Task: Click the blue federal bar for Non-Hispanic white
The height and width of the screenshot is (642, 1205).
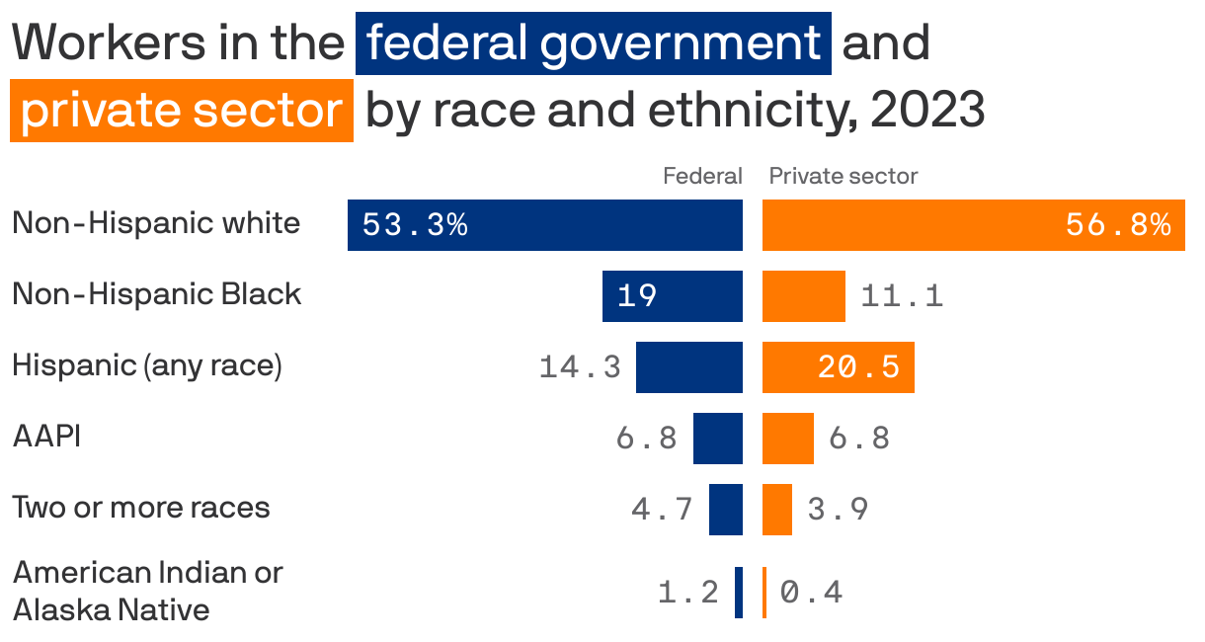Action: (544, 225)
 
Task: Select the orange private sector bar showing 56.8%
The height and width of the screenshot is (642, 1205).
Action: (973, 225)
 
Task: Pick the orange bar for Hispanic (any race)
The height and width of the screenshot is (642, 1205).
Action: (838, 367)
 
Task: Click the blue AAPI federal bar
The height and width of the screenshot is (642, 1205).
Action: (717, 439)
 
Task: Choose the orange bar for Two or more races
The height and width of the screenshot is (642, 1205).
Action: (776, 510)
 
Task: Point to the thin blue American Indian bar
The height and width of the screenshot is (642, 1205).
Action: (738, 593)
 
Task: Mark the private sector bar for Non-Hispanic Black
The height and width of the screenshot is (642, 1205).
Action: (803, 296)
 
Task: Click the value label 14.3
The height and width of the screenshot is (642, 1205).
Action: (580, 367)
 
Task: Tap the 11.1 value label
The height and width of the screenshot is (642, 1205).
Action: (902, 296)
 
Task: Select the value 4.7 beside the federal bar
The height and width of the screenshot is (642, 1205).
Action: (662, 510)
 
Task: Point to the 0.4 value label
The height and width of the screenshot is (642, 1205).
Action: (811, 593)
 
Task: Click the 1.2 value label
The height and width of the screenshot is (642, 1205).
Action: (688, 593)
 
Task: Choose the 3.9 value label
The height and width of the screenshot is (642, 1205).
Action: (838, 510)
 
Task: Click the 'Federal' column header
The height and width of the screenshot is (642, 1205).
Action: (701, 176)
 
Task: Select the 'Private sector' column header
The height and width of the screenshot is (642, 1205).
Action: (843, 176)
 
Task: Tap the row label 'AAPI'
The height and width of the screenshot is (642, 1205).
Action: (46, 436)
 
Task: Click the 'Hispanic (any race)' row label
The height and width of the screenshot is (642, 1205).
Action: (147, 365)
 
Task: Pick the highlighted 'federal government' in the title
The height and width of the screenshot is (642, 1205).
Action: (593, 43)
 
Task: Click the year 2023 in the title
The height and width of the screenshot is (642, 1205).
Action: (927, 111)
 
